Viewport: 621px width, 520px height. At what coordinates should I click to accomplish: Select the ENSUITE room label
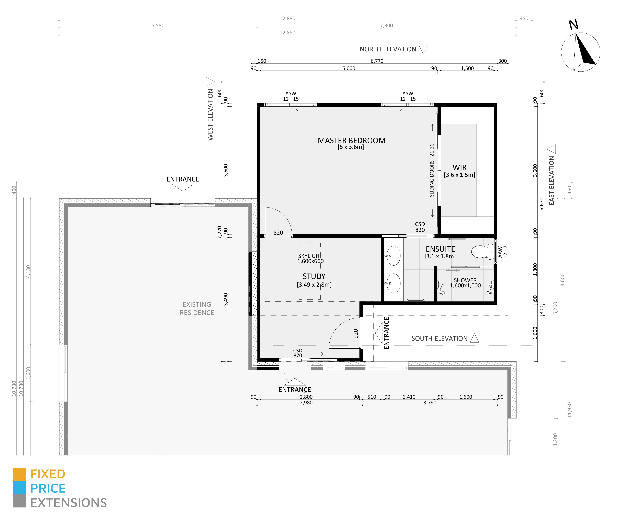coord(440,249)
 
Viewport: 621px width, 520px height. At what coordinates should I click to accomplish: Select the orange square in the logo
coord(19,474)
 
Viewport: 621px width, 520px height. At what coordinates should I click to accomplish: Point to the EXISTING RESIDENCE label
coord(197,308)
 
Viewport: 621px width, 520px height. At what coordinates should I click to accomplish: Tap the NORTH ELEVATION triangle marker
coord(423,49)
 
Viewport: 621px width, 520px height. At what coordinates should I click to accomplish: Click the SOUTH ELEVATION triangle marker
coord(474,338)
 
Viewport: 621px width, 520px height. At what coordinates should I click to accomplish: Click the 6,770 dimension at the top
coord(377,61)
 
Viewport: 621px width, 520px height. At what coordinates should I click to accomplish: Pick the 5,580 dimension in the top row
coord(158,25)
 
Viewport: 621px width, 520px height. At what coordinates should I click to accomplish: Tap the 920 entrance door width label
coord(356,334)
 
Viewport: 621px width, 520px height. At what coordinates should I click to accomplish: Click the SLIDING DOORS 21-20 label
coord(432,170)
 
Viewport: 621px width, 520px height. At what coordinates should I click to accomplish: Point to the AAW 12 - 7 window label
coord(502,252)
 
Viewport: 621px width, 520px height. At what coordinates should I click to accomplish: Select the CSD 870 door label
coord(297,353)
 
